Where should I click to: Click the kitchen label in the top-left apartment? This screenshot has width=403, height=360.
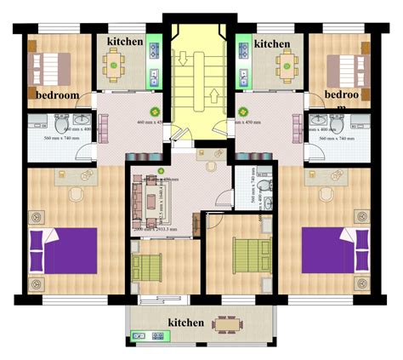tap(126, 42)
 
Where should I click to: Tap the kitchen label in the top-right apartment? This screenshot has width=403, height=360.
tap(272, 43)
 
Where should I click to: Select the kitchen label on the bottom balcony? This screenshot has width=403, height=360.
tap(185, 323)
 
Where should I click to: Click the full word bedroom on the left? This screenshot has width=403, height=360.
tap(57, 94)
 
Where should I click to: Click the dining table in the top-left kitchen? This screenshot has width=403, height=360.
tap(115, 63)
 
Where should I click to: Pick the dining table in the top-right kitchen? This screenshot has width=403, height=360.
tap(287, 62)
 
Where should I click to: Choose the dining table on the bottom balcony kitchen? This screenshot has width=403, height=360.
tap(227, 323)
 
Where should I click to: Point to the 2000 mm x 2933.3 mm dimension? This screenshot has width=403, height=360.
tap(156, 230)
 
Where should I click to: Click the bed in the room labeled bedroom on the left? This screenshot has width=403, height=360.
tap(52, 65)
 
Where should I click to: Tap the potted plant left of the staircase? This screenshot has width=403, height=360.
tap(156, 111)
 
